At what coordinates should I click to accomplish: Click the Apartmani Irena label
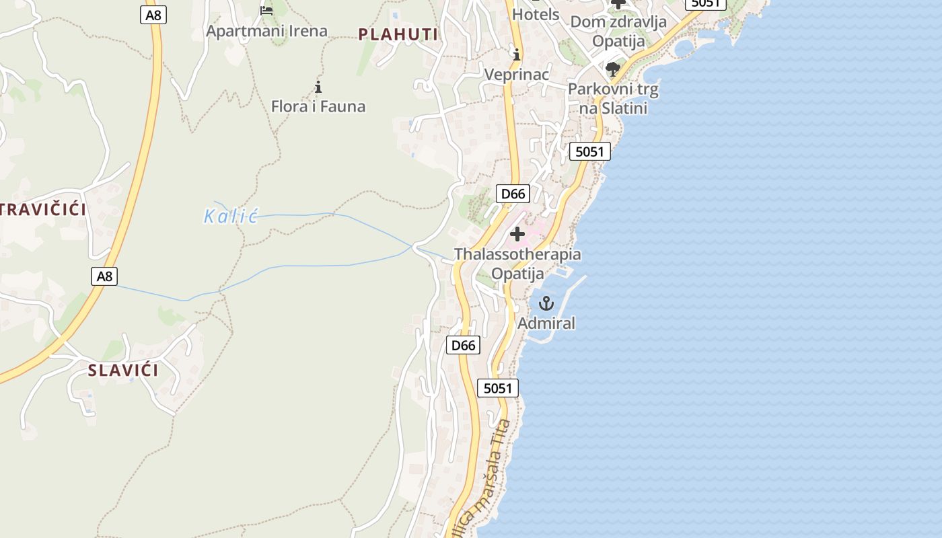266,31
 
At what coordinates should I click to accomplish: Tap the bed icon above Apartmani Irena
266,10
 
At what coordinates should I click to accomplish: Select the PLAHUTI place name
398,34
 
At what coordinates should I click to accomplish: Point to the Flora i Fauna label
318,106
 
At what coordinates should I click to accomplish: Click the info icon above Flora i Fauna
318,87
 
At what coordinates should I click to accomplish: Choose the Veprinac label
517,74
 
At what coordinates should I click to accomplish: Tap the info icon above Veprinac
517,54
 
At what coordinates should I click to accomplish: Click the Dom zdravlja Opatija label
618,31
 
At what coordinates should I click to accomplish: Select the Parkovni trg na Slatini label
613,98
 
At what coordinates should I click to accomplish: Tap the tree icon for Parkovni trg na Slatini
612,69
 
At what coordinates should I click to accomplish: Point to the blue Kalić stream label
231,217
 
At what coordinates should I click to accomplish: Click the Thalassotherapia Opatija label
517,264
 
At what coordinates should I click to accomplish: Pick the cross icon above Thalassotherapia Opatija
517,234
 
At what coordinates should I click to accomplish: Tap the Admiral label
546,323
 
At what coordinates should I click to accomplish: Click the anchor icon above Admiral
546,303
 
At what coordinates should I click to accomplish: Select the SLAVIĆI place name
123,370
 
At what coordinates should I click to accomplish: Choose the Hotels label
536,14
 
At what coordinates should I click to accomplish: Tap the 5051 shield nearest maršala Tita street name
498,388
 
